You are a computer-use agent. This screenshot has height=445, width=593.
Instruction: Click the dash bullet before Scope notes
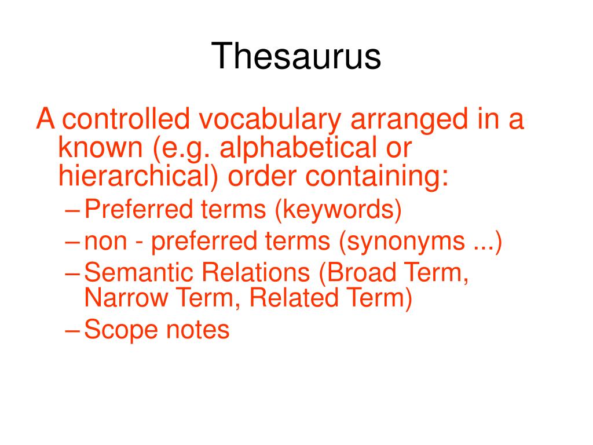(72, 330)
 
